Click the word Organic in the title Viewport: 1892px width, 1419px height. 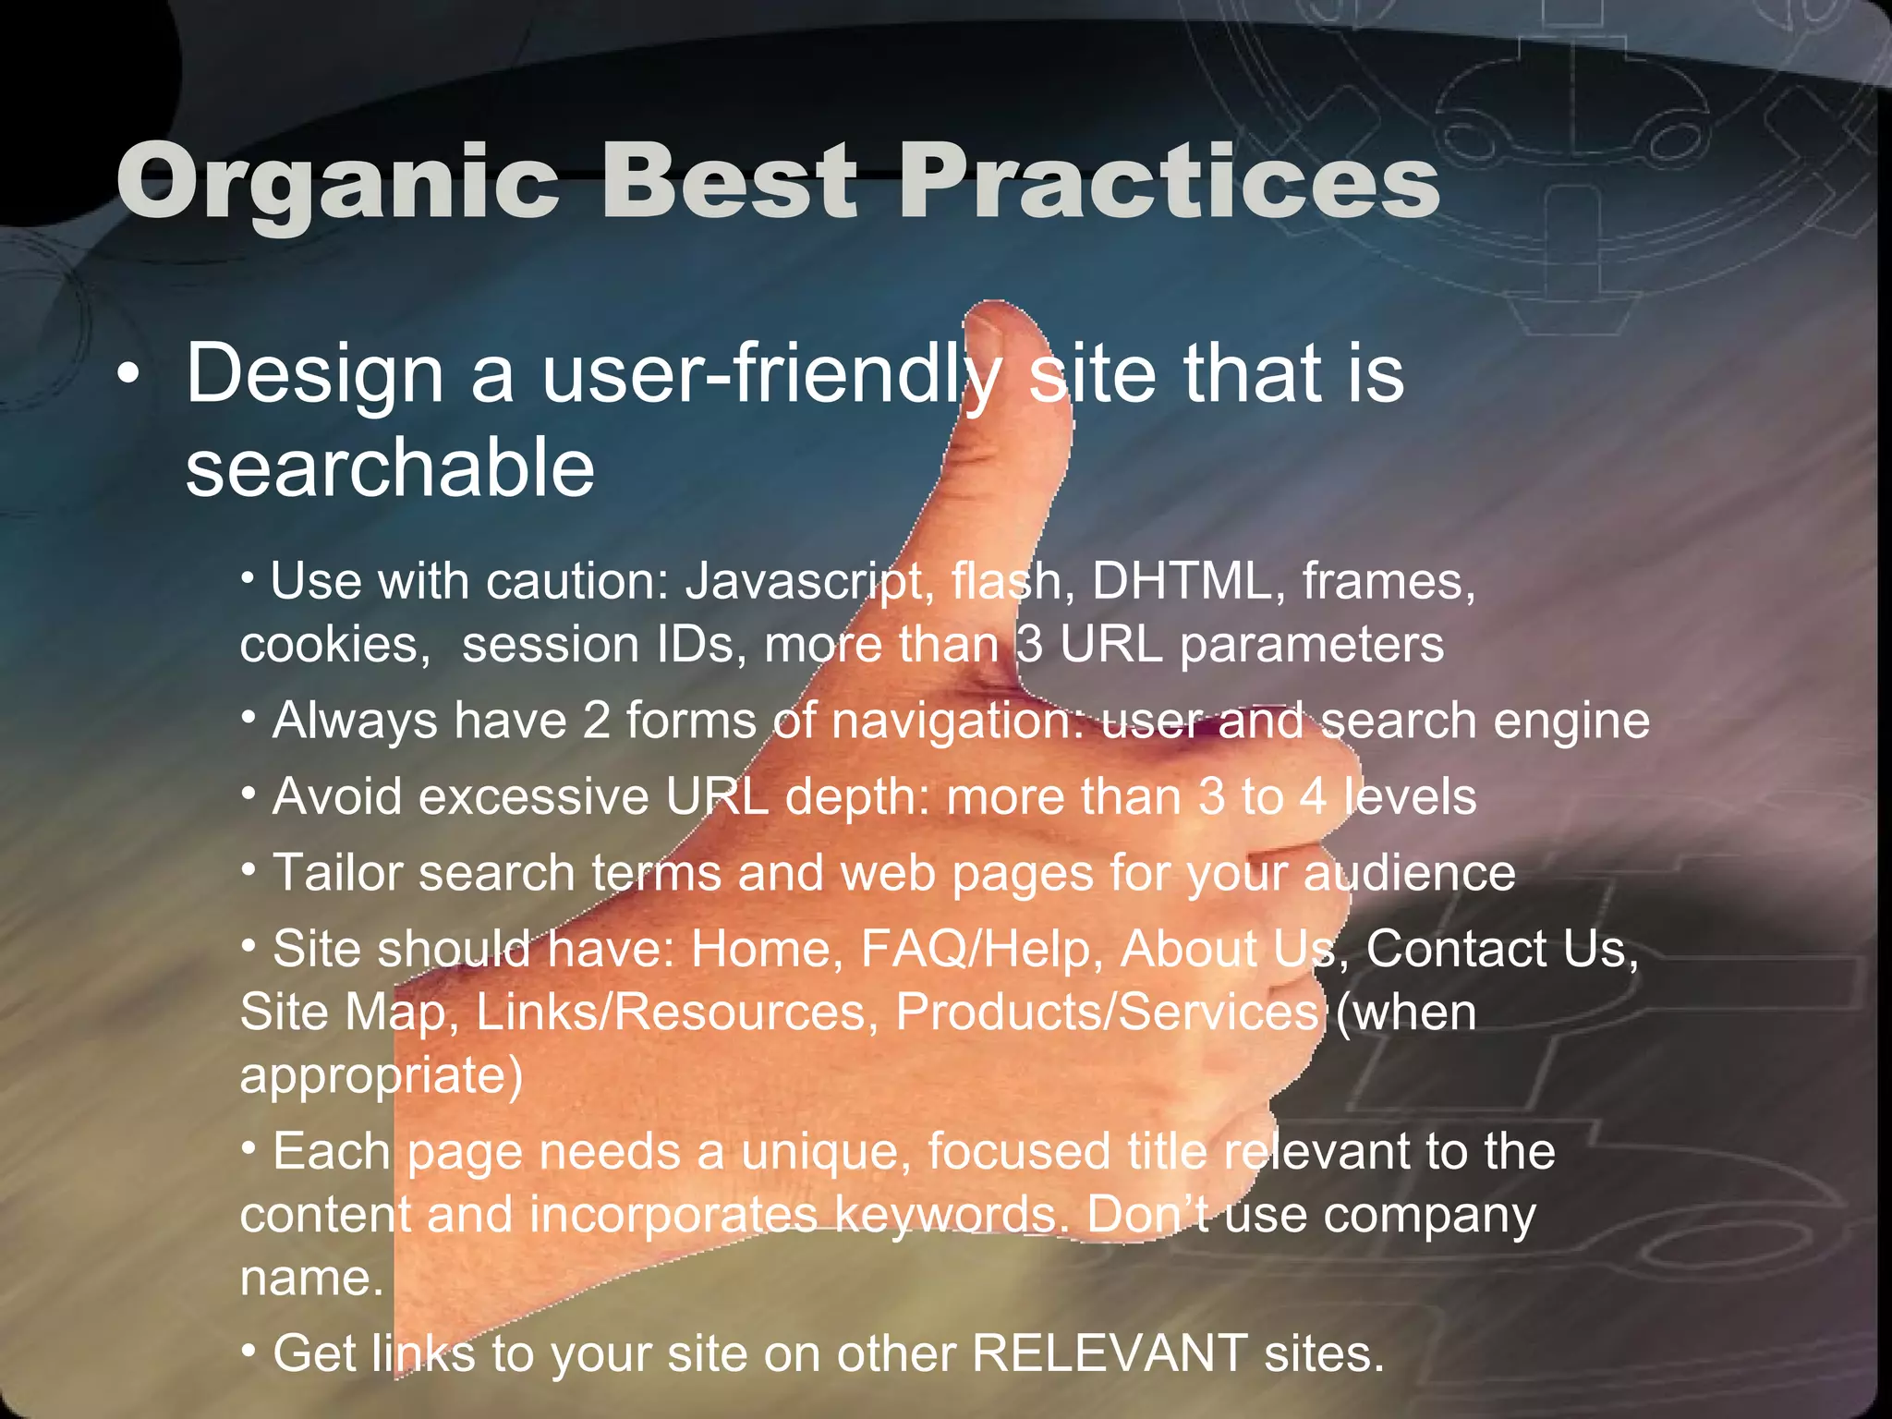click(337, 182)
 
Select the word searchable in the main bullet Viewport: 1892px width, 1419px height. click(390, 468)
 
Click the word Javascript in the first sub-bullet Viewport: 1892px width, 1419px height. click(805, 582)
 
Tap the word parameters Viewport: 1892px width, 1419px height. click(1311, 645)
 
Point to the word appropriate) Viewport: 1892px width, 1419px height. click(381, 1075)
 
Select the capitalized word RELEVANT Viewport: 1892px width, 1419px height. click(1109, 1354)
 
